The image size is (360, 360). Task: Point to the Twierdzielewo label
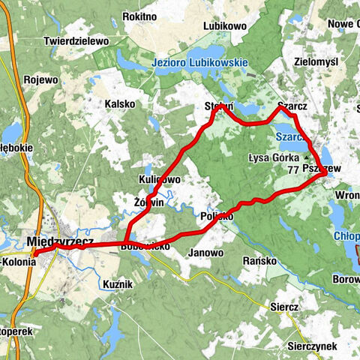coord(76,40)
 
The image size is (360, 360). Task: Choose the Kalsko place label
coord(120,103)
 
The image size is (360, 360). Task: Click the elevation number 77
coord(292,170)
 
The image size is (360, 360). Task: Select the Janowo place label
coord(206,253)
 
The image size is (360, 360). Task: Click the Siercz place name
coord(285,307)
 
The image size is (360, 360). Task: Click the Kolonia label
coord(19,262)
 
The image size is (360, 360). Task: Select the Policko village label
coord(217,216)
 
